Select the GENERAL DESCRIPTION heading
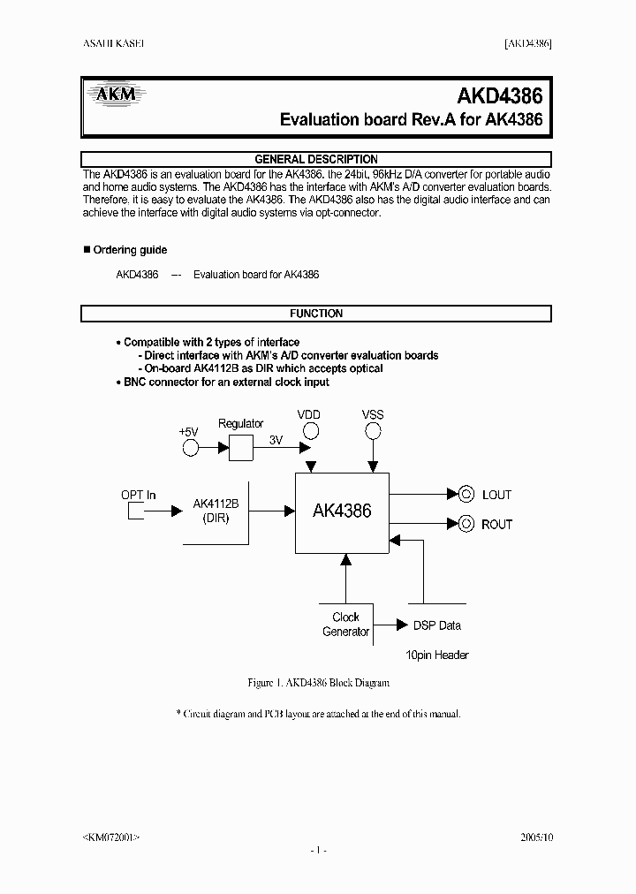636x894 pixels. coord(316,159)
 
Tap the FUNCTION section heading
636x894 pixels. coord(316,314)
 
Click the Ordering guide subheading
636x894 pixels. coord(130,250)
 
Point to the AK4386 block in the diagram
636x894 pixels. coord(342,511)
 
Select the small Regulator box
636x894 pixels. coord(240,449)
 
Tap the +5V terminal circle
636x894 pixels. coord(190,449)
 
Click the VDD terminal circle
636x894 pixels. coord(309,431)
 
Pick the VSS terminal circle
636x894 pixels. coord(373,431)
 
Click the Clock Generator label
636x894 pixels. coord(345,625)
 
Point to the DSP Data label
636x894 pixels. coord(437,625)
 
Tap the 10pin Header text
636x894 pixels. coord(436,655)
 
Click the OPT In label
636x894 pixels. coord(138,495)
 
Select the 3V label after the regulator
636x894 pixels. coord(276,440)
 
